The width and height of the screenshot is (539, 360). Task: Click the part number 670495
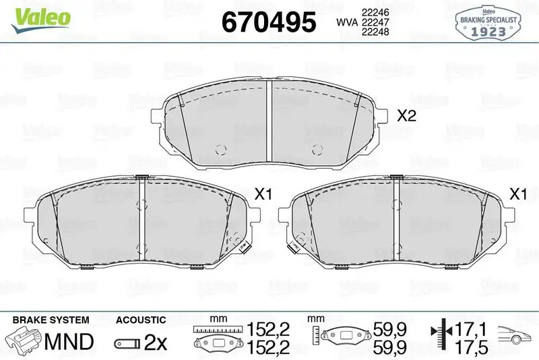[268, 23]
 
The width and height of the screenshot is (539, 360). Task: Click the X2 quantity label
[406, 115]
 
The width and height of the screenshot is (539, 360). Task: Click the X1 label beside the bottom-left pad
[262, 195]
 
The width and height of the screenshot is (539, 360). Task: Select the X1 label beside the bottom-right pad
[517, 195]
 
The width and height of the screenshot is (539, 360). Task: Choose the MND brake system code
[68, 342]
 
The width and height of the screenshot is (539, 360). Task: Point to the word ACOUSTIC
[140, 319]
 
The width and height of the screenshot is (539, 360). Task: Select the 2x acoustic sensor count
[156, 342]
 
